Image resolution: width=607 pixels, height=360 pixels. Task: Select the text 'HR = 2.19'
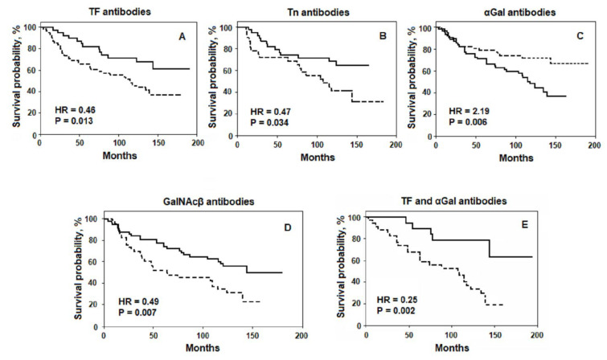pyautogui.click(x=461, y=110)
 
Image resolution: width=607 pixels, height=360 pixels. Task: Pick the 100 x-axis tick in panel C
pyautogui.click(x=515, y=145)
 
